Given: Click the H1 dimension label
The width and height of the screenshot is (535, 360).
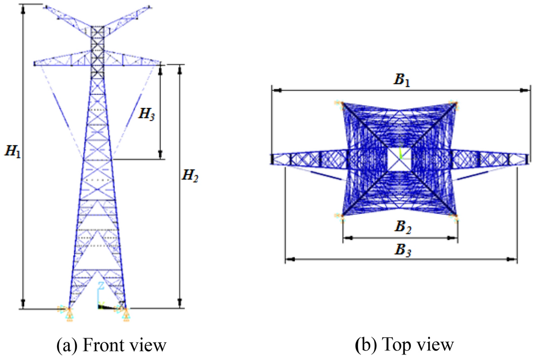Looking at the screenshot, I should [x=13, y=150].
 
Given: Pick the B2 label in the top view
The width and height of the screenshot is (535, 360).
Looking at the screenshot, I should [x=402, y=228].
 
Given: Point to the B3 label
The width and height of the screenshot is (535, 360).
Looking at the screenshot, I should [x=402, y=250].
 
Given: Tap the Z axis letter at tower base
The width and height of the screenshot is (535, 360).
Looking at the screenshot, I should [x=101, y=286].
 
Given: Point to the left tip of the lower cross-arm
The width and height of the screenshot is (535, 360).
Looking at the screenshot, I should [x=34, y=64].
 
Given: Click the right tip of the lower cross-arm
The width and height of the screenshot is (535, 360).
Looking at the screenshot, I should [x=162, y=64].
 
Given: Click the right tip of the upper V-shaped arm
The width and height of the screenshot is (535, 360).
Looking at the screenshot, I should [x=150, y=7].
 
